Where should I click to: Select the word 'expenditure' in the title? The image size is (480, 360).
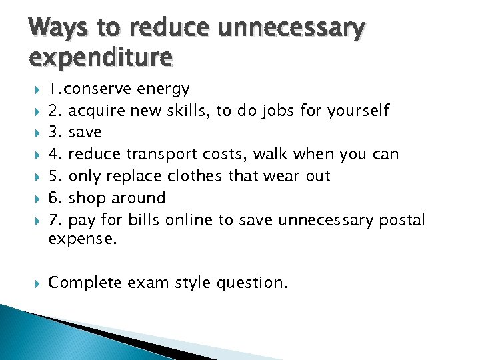[101, 59]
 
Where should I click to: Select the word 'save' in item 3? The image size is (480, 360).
[85, 133]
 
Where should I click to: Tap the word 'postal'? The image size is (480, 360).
[401, 221]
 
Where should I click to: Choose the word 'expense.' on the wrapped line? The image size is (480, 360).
[82, 239]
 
